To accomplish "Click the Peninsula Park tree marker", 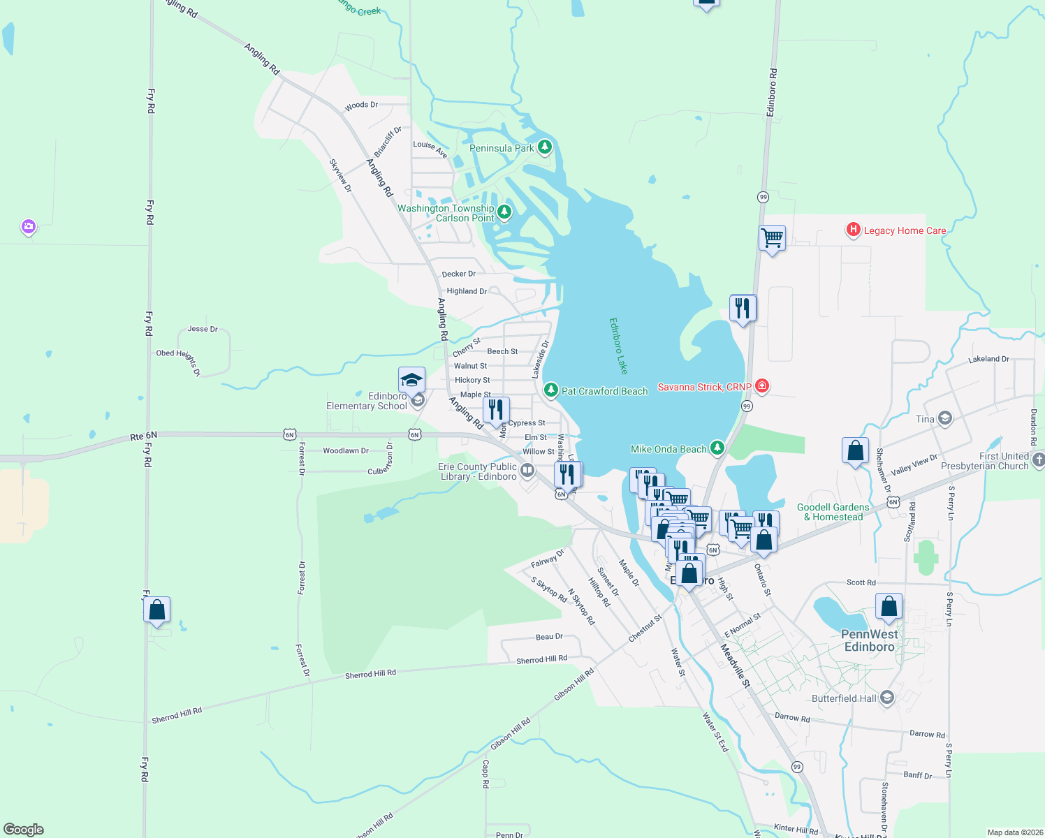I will point(545,147).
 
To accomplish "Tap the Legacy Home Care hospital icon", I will point(853,230).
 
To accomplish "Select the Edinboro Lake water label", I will point(618,346).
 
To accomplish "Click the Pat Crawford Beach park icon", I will point(551,390).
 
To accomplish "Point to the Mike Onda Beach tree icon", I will point(717,448).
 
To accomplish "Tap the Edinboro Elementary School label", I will point(367,401).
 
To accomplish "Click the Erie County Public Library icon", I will point(527,470).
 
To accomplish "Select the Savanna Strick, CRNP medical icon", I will point(762,386).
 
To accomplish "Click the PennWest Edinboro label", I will point(869,640).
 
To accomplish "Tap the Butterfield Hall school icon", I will point(887,698).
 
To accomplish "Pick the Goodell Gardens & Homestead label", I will point(833,512).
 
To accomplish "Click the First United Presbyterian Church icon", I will point(1038,460).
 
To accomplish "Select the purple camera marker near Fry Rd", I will point(28,226).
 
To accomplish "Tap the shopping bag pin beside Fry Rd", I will point(157,610).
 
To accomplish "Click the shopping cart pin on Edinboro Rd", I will point(772,238).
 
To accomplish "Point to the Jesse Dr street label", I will point(202,329).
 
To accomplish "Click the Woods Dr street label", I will point(361,105).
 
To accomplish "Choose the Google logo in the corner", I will point(23,830).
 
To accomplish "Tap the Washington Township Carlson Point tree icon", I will point(504,211).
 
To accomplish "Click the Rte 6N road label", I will point(143,436).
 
